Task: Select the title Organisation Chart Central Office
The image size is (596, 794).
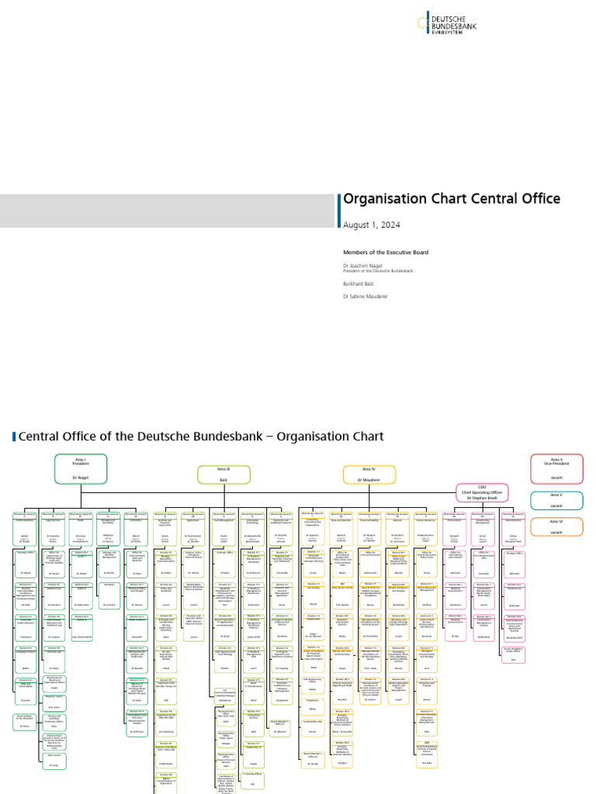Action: [x=452, y=198]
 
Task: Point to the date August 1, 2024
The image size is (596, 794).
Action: [x=372, y=224]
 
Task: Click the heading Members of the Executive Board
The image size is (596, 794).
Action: [x=385, y=252]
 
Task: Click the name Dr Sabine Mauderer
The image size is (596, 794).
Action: [x=366, y=296]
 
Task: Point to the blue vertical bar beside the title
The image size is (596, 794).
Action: [x=339, y=210]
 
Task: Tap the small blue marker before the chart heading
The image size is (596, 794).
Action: [x=15, y=437]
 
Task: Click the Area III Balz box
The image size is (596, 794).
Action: [x=223, y=475]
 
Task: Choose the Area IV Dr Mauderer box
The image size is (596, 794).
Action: [x=369, y=475]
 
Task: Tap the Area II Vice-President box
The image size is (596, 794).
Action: [x=556, y=468]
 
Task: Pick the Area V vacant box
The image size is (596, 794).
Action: [x=556, y=499]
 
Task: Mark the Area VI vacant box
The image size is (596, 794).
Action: [x=556, y=528]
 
